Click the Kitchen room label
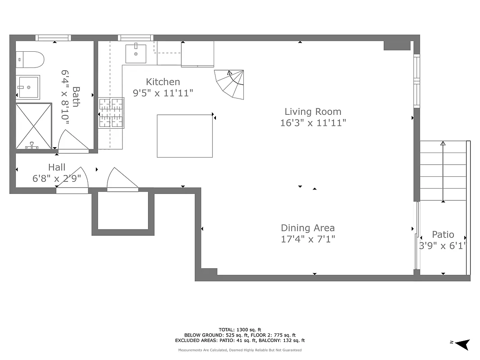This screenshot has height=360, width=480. (x=163, y=82)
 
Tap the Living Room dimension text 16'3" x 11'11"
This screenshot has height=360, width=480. (x=313, y=122)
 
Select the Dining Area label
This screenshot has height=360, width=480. (x=308, y=228)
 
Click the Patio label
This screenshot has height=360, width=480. (x=443, y=234)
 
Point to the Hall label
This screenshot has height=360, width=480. (x=57, y=167)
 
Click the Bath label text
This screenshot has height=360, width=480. (x=76, y=97)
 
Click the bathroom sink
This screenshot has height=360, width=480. (x=28, y=87)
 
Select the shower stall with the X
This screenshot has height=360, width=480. (x=34, y=126)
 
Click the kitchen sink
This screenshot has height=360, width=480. (x=136, y=53)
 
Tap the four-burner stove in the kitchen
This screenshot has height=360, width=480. (x=111, y=112)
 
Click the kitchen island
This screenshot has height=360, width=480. (x=184, y=136)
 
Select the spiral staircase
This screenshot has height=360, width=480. (x=231, y=84)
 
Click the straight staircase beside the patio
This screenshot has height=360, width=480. (x=443, y=171)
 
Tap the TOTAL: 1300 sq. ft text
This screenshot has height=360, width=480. (x=240, y=330)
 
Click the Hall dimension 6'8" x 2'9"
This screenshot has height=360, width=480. (x=57, y=178)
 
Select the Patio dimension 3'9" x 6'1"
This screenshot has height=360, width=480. (x=443, y=246)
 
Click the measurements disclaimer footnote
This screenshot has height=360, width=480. (x=240, y=350)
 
